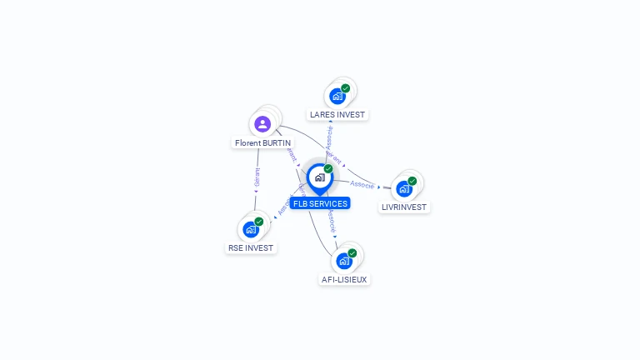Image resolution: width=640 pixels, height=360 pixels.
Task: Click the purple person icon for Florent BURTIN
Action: click(262, 124)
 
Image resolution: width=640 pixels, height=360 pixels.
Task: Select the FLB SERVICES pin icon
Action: click(319, 177)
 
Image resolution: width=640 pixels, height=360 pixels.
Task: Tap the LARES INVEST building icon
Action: click(337, 96)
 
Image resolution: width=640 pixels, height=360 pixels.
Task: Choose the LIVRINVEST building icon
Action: click(404, 188)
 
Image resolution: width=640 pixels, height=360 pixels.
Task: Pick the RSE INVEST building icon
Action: click(250, 229)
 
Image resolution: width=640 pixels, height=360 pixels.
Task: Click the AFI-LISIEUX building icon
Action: click(343, 261)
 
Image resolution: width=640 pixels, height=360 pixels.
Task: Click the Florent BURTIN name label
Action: click(262, 143)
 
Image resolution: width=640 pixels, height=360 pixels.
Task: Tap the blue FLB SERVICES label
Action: click(320, 203)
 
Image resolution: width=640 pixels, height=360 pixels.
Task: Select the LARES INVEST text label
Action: click(337, 114)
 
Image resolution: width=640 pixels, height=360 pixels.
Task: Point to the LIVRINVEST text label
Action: click(404, 207)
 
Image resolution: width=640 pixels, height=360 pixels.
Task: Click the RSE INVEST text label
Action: click(250, 247)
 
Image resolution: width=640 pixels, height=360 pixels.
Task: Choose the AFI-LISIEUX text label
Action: click(344, 279)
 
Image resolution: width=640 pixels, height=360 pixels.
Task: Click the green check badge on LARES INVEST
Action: click(345, 88)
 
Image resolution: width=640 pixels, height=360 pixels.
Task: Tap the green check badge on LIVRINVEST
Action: click(412, 181)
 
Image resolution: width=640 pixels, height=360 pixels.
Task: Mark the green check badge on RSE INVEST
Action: click(258, 222)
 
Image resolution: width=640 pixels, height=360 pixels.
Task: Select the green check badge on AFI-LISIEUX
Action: click(352, 253)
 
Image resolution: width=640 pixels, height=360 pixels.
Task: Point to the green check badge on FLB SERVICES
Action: click(328, 169)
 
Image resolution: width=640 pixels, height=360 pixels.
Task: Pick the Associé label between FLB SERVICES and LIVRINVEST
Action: click(362, 184)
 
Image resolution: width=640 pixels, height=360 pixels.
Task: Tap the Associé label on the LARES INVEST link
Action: click(329, 137)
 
